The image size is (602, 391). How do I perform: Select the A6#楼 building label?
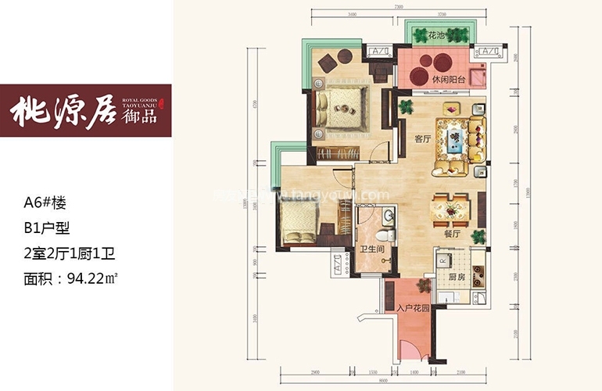click(45, 203)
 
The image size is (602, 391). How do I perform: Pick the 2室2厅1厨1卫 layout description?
click(70, 253)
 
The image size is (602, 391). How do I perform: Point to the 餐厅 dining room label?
click(448, 232)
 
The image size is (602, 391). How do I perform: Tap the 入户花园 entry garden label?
click(414, 309)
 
